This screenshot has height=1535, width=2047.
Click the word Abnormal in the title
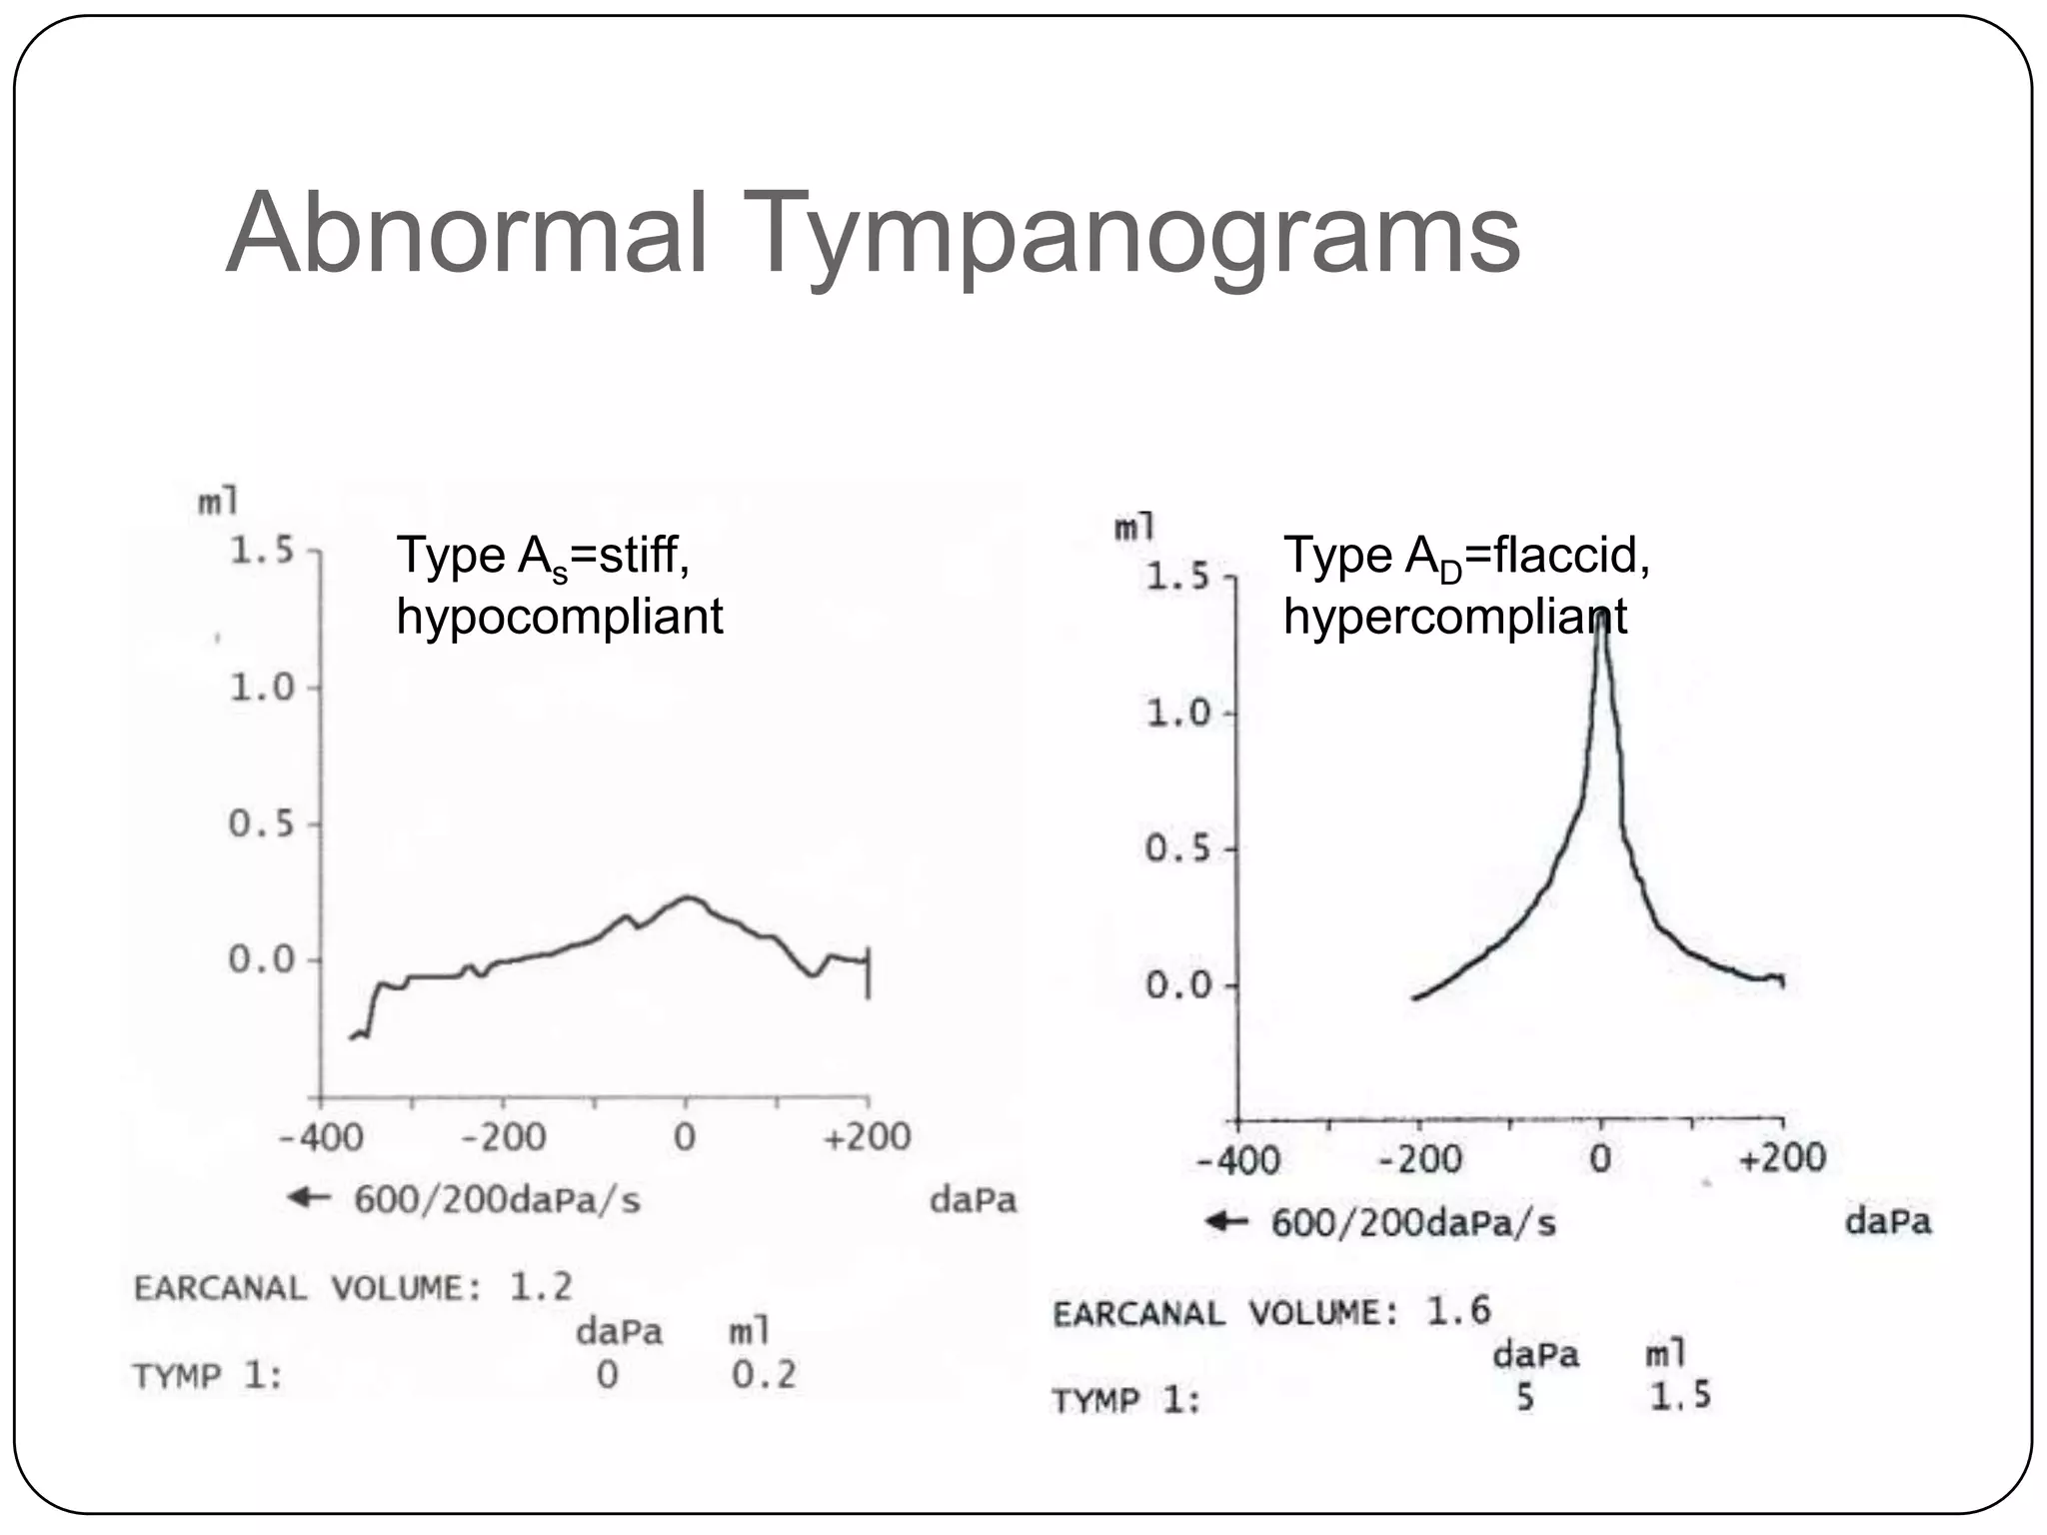coord(467,233)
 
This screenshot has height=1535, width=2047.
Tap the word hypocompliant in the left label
coord(559,617)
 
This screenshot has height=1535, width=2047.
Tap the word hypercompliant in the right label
coord(1454,617)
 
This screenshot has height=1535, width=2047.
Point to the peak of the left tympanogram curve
coord(687,897)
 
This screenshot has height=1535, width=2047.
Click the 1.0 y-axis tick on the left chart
coord(262,688)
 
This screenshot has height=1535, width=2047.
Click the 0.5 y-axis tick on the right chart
coord(1177,849)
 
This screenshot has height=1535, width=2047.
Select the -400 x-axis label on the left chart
coord(320,1137)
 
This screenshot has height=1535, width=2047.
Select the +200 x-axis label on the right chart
coord(1782,1159)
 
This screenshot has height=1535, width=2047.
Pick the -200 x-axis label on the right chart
coord(1419,1159)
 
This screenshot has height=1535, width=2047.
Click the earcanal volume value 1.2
coord(541,1286)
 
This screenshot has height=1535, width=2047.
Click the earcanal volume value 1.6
coord(1457,1310)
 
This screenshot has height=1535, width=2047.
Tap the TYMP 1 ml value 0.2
coord(764,1375)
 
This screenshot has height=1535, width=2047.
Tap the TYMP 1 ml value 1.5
coord(1679,1396)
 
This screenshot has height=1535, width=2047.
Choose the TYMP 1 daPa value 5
coord(1524,1397)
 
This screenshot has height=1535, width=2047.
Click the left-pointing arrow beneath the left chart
coord(309,1197)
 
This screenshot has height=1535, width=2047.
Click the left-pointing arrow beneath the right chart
coord(1226,1221)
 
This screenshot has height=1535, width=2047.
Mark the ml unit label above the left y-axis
coord(218,501)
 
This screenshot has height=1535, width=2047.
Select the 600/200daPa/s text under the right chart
coord(1413,1223)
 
